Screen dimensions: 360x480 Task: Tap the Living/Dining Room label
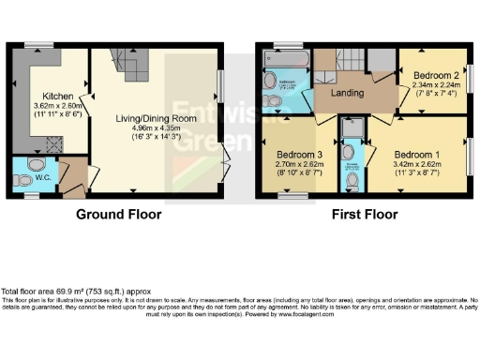coord(155,117)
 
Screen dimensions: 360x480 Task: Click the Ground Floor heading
coord(120,214)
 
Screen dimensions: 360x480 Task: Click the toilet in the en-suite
coord(350,152)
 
